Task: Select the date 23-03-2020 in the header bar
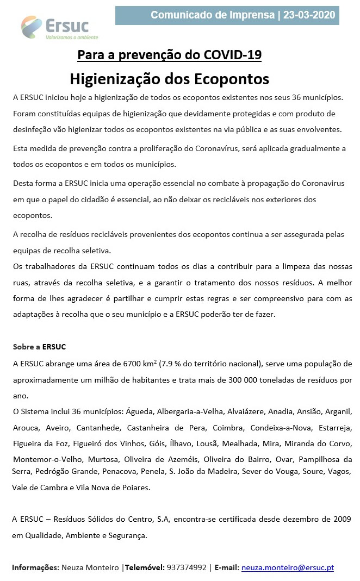pos(309,15)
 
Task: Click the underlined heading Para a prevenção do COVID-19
pos(169,55)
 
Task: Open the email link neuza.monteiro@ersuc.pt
pos(287,567)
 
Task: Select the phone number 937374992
pos(187,567)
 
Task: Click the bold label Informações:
pos(36,567)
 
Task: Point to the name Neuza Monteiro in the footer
pos(90,567)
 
